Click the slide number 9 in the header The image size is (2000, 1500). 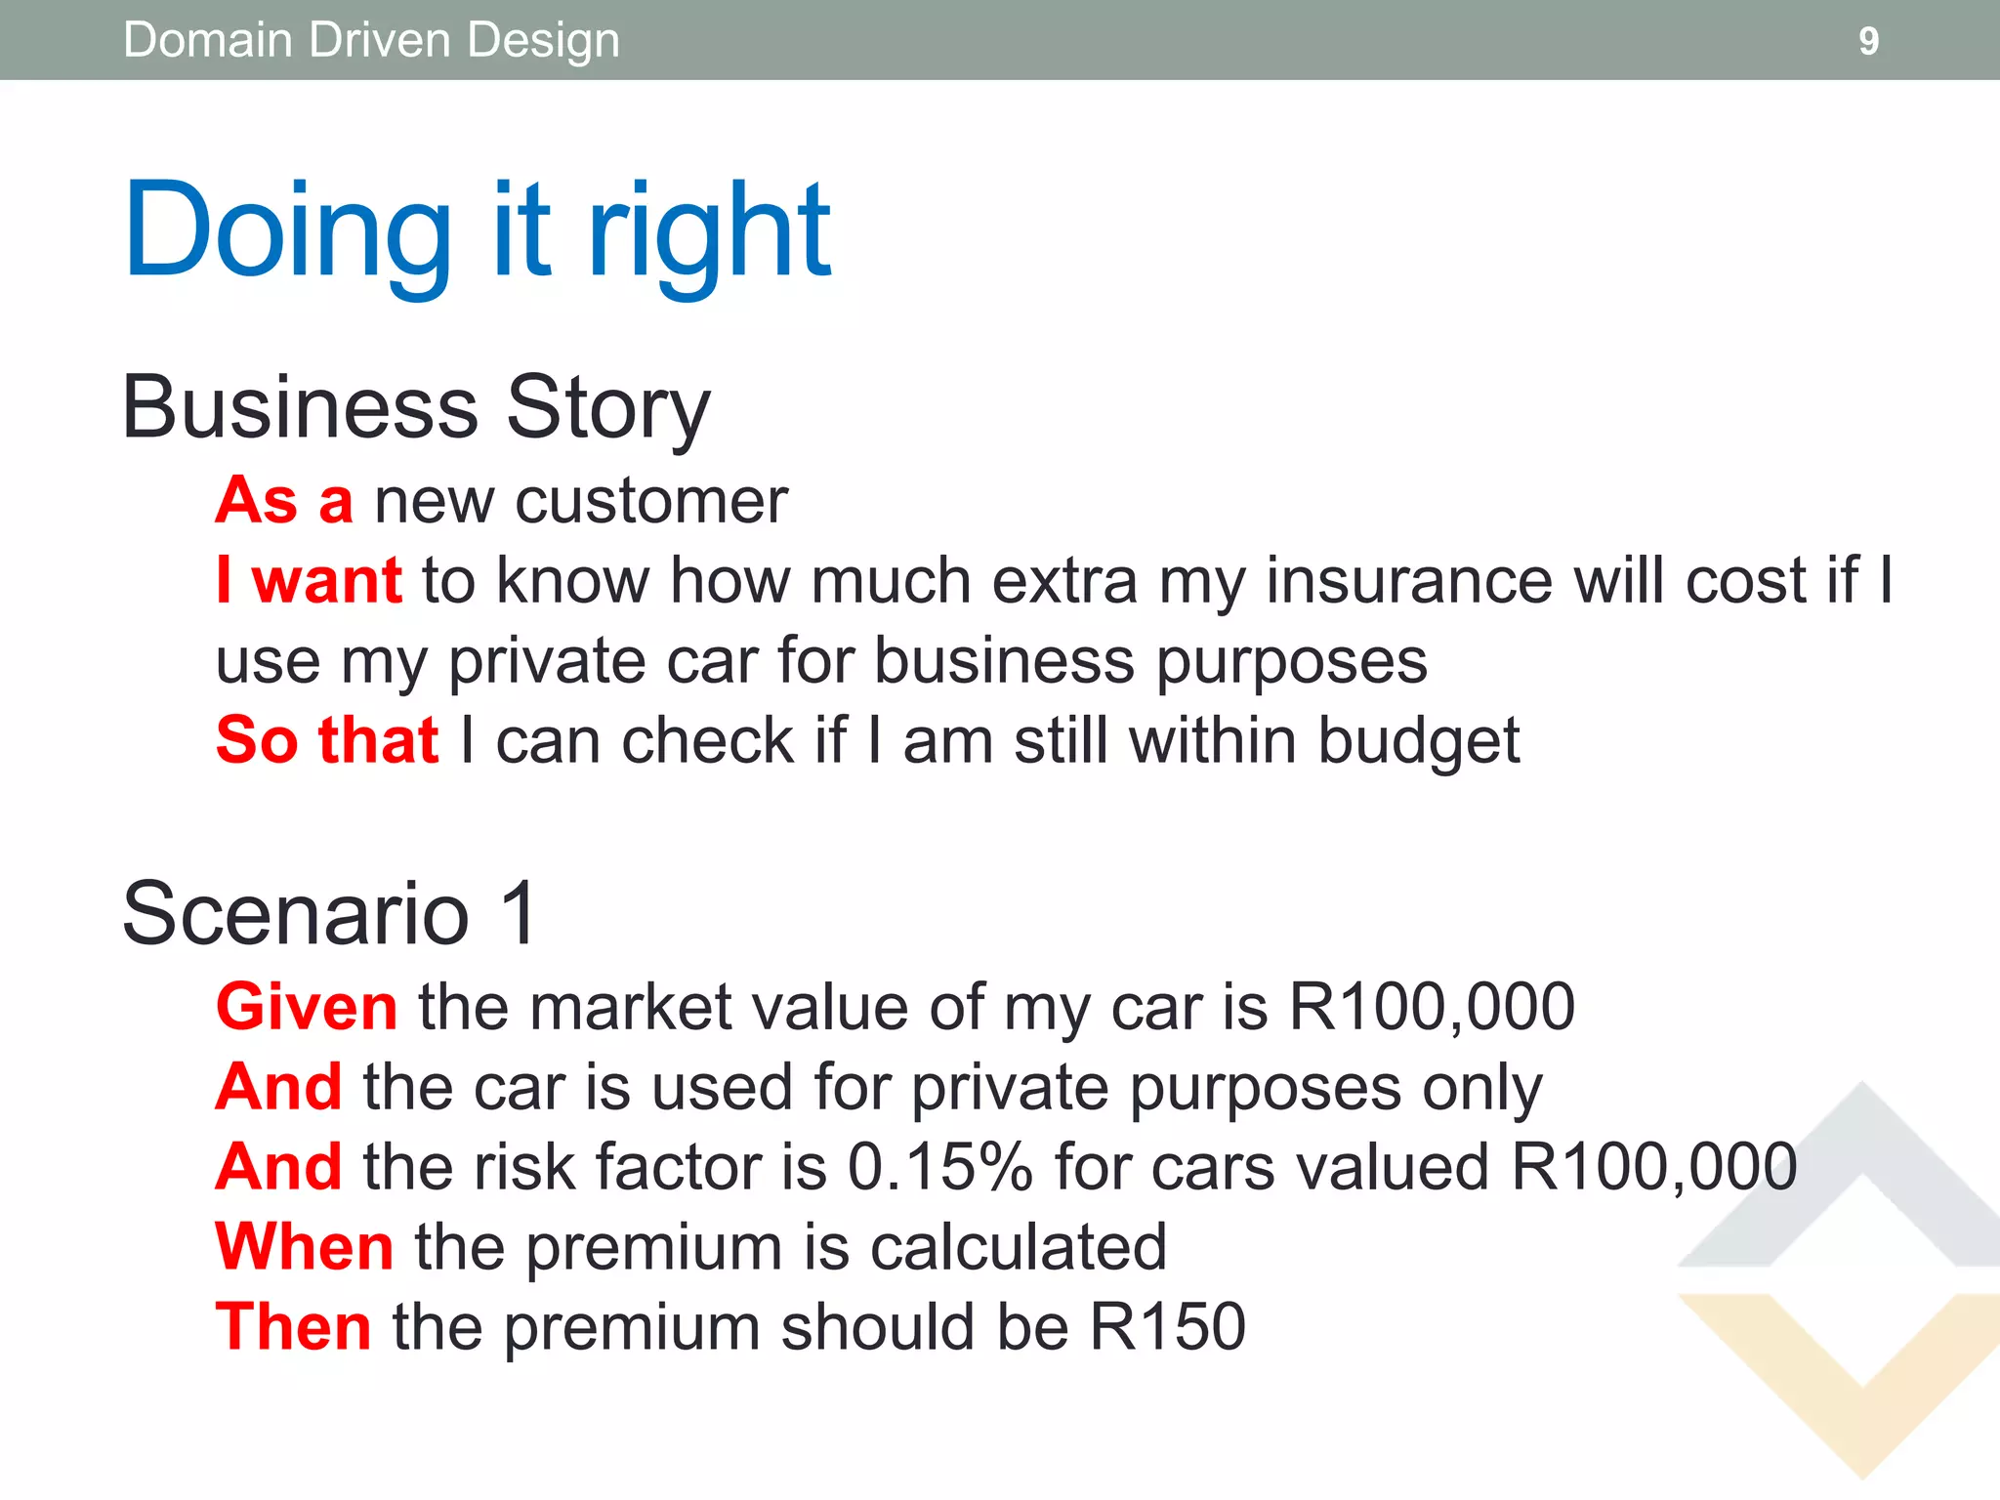[x=1867, y=41]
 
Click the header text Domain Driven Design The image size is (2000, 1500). [x=371, y=41]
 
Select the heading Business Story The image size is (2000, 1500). [x=416, y=408]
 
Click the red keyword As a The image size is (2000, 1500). [x=284, y=501]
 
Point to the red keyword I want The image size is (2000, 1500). [x=309, y=581]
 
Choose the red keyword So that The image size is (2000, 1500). [x=327, y=740]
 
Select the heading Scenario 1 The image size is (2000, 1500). [x=330, y=914]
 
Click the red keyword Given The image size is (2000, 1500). [x=307, y=1007]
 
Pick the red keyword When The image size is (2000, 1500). [x=305, y=1247]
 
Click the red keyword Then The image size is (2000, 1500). [x=293, y=1327]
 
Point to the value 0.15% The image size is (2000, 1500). [x=939, y=1167]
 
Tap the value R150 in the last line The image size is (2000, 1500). [x=1167, y=1327]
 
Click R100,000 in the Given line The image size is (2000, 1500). [x=1432, y=1007]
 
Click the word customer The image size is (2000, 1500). [x=650, y=501]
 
